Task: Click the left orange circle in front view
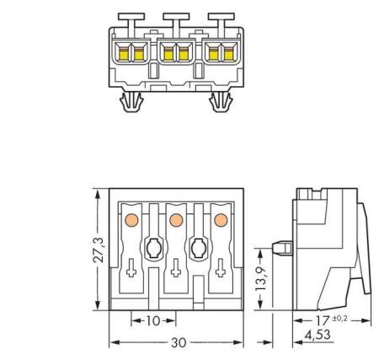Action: (x=131, y=220)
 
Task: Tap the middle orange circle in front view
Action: (x=176, y=220)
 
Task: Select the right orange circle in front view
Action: (x=221, y=220)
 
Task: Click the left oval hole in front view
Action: (x=153, y=249)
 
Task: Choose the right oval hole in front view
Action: (x=199, y=249)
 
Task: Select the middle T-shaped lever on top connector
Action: (x=176, y=19)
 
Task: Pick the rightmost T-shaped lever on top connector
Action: (x=222, y=19)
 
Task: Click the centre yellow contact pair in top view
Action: (x=176, y=55)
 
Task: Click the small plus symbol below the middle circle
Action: (x=176, y=271)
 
